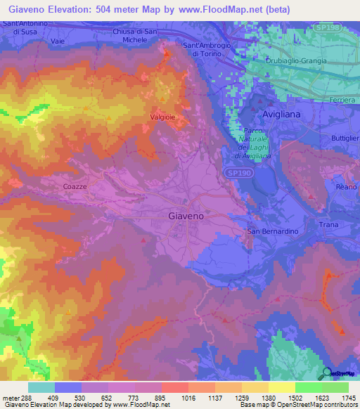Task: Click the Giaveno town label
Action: (x=186, y=216)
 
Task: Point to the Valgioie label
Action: (x=162, y=117)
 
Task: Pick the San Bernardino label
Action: (x=273, y=231)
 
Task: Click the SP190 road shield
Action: (x=240, y=172)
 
